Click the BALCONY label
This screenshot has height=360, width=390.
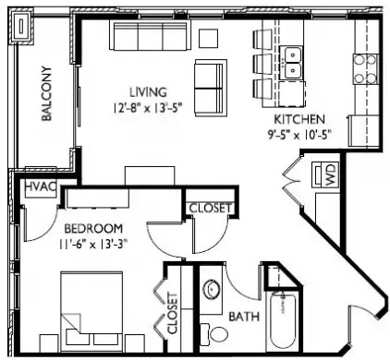tap(46, 96)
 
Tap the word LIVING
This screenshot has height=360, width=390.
tap(148, 92)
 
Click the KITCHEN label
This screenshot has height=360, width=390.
tap(299, 120)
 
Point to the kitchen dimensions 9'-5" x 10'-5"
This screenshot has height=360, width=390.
tap(299, 135)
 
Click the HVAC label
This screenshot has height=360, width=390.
tap(41, 188)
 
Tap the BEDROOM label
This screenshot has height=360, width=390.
tap(93, 228)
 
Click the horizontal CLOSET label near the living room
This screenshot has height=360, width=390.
tap(211, 209)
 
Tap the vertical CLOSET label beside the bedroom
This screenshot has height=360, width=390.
tap(172, 313)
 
